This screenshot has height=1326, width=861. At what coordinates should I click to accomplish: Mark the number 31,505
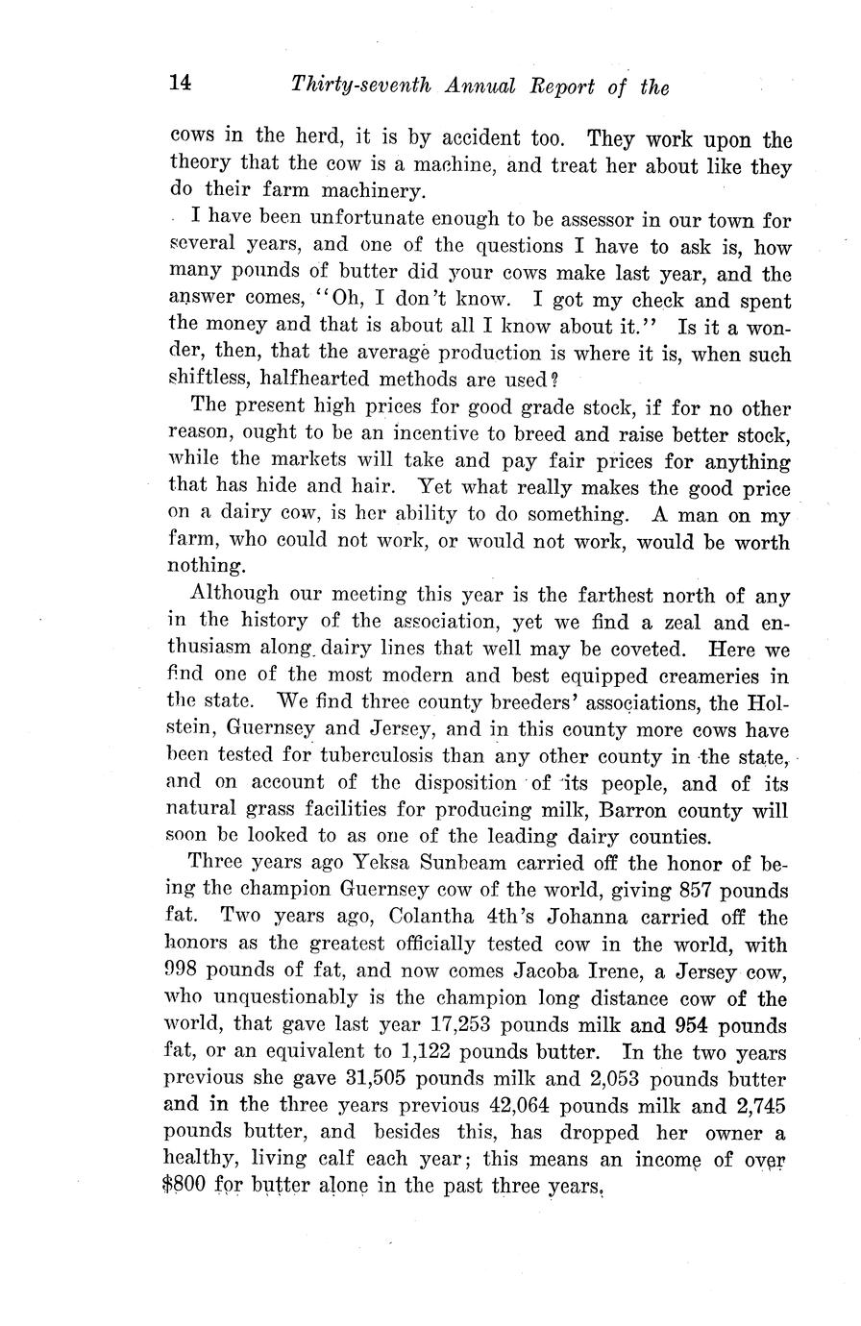pos(403,1078)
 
